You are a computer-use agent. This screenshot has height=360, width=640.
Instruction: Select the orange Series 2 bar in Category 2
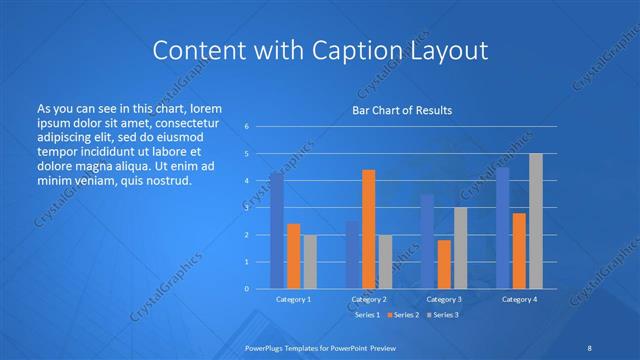click(368, 229)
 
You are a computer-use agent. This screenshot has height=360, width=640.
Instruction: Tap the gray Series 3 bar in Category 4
click(536, 221)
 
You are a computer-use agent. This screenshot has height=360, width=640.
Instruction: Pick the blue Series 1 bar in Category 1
click(277, 230)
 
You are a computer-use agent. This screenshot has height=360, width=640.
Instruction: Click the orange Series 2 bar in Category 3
click(443, 264)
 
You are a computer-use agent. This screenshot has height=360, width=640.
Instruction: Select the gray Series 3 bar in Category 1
click(310, 261)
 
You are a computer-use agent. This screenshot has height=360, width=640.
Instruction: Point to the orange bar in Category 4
click(519, 250)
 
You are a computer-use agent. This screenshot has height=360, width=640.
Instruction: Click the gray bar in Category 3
click(460, 248)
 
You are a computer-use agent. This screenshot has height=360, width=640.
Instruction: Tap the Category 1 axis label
click(293, 299)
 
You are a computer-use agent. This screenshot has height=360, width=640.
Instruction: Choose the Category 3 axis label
click(443, 299)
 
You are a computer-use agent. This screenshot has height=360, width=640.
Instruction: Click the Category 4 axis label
click(519, 299)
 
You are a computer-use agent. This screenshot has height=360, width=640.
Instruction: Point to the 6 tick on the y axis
click(246, 127)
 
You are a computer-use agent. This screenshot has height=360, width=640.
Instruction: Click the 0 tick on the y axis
click(246, 289)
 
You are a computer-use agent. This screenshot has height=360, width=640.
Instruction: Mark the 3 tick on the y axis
click(246, 208)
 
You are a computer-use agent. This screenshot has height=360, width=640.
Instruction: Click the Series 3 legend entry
click(444, 315)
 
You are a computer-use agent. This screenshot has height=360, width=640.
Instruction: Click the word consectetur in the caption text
click(187, 119)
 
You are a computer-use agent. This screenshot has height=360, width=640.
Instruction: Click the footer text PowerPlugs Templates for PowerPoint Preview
click(320, 346)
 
